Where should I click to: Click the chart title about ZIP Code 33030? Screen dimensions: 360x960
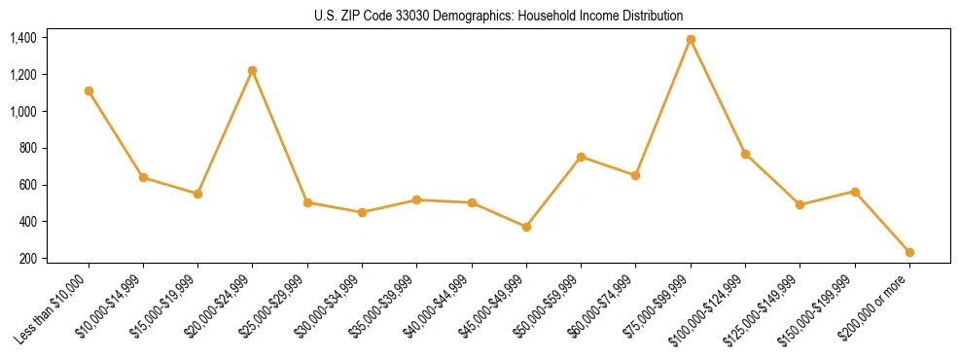[x=498, y=16]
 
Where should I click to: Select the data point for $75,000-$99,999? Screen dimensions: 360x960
[x=691, y=40]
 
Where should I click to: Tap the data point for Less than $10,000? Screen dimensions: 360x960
[x=89, y=90]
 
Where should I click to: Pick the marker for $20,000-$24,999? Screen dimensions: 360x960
[x=253, y=70]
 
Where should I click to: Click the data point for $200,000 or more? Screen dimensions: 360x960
[x=909, y=252]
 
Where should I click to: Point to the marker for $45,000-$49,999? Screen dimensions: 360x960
[x=526, y=227]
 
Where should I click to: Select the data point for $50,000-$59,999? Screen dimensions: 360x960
[x=581, y=157]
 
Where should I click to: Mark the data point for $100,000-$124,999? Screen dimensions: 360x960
[x=745, y=154]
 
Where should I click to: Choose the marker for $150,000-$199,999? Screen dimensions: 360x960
[x=855, y=192]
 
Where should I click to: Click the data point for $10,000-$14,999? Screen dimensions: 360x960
[x=143, y=177]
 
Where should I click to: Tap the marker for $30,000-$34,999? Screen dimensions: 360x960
[x=362, y=212]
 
